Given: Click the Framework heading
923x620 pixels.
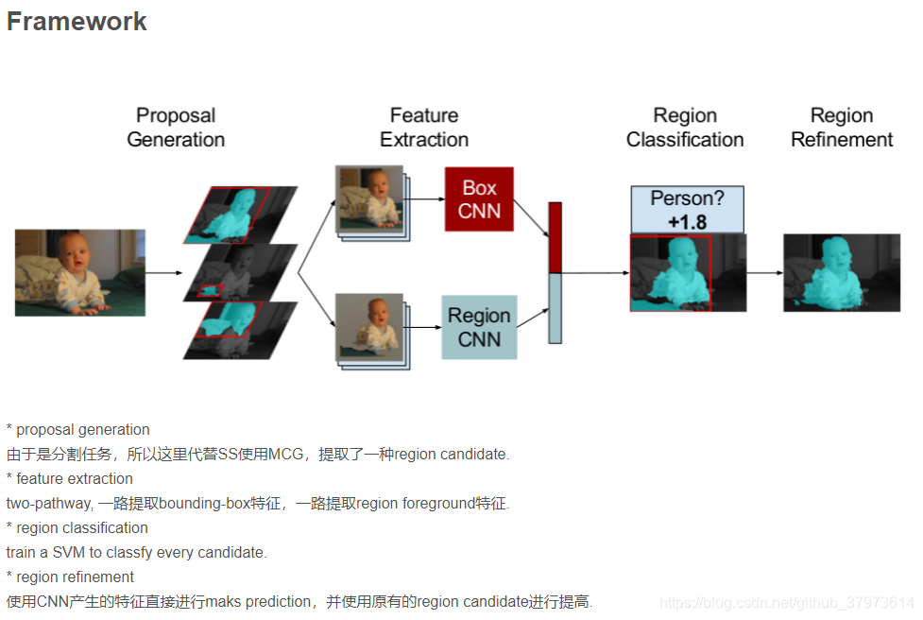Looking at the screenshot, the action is tap(77, 22).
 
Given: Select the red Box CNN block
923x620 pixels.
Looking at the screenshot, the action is tap(479, 199).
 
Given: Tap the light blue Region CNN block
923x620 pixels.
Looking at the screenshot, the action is tap(479, 327).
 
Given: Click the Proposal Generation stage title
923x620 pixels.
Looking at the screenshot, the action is tap(176, 128).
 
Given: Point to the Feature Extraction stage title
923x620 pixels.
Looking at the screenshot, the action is tap(424, 128).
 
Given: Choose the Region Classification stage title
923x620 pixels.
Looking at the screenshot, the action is tap(685, 128).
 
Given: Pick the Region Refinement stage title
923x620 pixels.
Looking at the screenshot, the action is tap(842, 128).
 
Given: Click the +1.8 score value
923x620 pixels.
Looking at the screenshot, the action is tap(687, 221).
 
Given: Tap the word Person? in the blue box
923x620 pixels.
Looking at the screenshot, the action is tap(687, 199).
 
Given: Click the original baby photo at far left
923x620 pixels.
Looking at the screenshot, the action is tap(80, 272).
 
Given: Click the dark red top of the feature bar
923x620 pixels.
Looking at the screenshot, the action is tap(555, 236).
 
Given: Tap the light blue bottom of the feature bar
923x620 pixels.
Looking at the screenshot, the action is tap(555, 308).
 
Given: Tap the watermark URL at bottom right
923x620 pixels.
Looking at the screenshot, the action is tap(786, 603).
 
